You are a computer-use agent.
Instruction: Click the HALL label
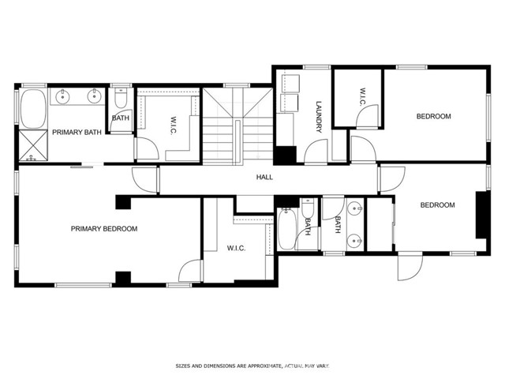pos(264,177)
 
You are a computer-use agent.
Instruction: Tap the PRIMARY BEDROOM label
pos(104,229)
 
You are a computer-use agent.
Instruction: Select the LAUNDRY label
pos(319,117)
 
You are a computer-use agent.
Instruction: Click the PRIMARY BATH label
pos(77,132)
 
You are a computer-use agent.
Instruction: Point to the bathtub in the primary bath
pos(33,109)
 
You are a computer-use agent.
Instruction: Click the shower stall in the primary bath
pos(33,145)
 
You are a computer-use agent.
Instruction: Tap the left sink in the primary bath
pos(62,96)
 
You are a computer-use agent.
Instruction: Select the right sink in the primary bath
pos(94,96)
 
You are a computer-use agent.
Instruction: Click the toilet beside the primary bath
pos(121,98)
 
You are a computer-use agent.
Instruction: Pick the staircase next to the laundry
pos(238,126)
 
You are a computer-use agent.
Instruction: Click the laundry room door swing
pos(316,151)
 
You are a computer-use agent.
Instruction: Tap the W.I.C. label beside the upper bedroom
pos(362,96)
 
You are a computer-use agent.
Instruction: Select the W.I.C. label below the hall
pos(236,248)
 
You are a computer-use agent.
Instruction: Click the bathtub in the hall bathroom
pos(286,229)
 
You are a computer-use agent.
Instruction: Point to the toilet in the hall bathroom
pos(307,208)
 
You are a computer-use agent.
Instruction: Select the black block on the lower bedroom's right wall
pos(481,215)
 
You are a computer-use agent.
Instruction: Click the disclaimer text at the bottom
pos(252,366)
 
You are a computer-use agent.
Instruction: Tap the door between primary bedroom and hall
pos(145,180)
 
